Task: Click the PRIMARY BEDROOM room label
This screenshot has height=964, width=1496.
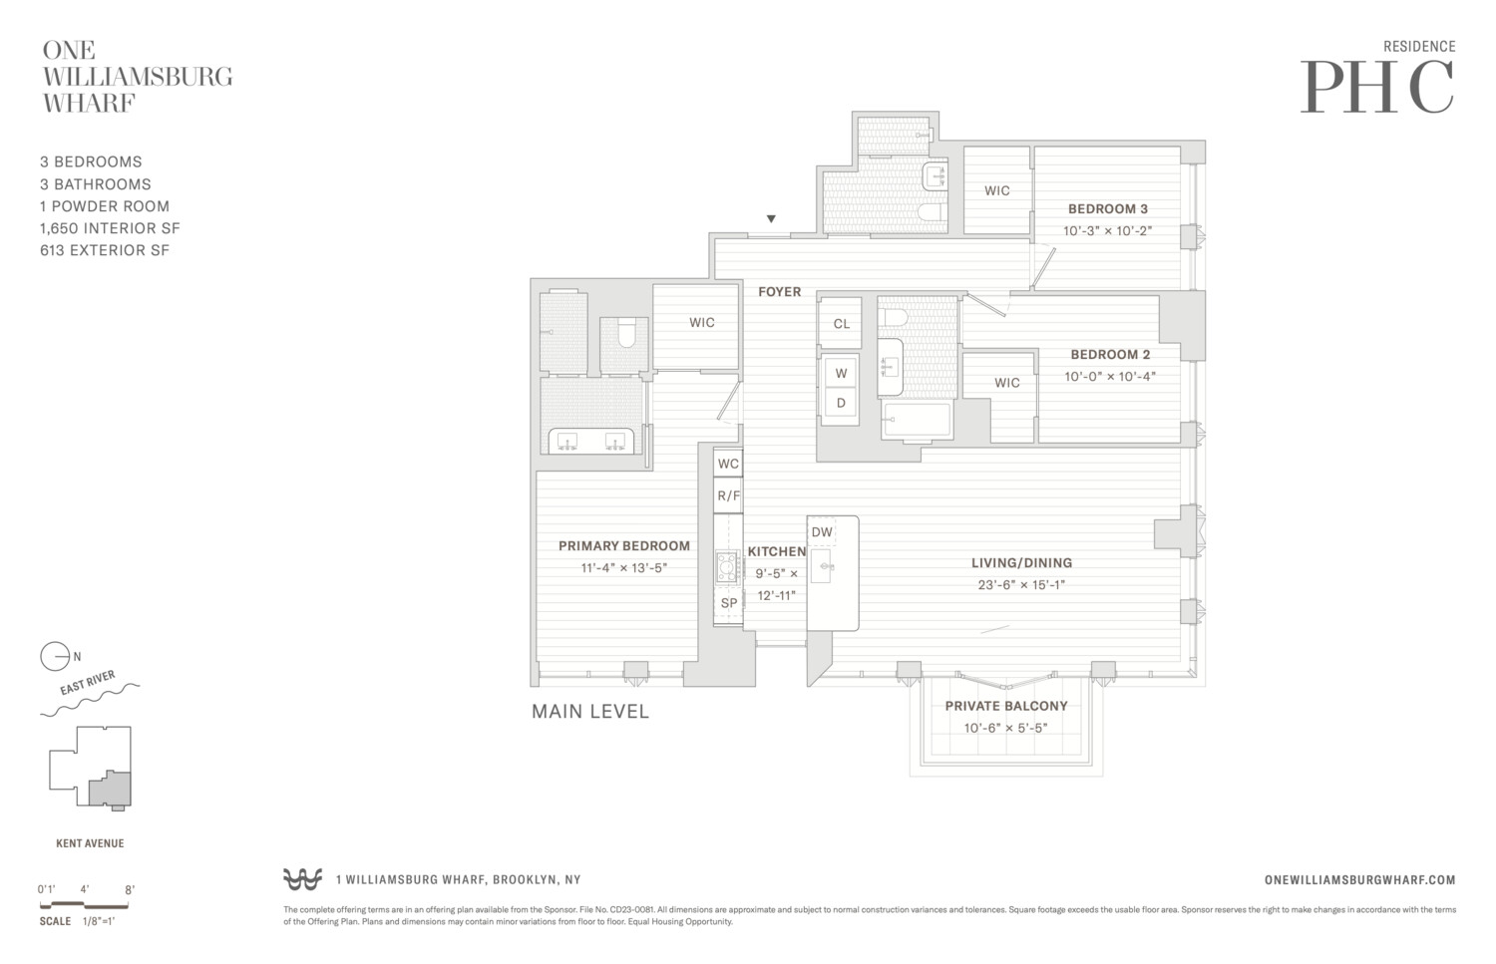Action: click(623, 546)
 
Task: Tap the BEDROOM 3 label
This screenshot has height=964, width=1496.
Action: click(1107, 209)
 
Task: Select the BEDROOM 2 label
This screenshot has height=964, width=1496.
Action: click(1110, 355)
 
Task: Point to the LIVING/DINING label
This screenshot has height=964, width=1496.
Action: click(1021, 563)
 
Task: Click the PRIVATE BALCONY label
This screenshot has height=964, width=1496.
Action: click(1006, 706)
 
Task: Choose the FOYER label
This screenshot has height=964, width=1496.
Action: click(779, 292)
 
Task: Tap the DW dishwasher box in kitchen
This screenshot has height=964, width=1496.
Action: click(822, 532)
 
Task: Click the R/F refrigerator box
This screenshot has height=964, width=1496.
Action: click(728, 495)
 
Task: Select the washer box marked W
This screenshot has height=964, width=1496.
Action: click(841, 373)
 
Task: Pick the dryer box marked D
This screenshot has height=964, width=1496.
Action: click(841, 404)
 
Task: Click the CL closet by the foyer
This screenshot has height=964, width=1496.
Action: click(841, 323)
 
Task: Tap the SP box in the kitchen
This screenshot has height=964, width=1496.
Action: click(728, 603)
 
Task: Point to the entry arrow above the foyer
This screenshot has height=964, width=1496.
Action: click(771, 219)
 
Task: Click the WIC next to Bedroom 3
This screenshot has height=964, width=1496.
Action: click(996, 190)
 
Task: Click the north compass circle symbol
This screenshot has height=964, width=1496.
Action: click(54, 657)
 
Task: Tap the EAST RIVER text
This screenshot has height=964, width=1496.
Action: click(88, 684)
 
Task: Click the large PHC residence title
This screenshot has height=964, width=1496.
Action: click(1377, 88)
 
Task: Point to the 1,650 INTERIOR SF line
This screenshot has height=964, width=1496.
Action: click(110, 228)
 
